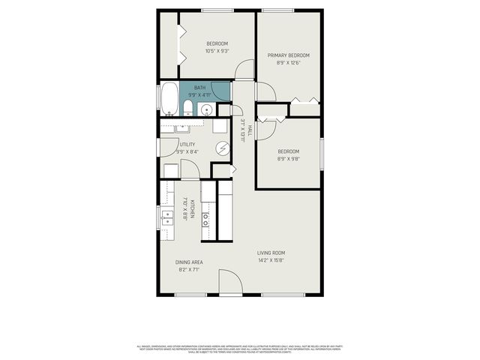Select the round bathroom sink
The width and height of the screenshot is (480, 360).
point(206,110)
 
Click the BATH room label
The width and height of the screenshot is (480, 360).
point(199,88)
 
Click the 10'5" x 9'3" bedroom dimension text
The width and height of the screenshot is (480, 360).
point(217,51)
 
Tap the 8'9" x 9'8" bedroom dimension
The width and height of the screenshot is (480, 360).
point(288,159)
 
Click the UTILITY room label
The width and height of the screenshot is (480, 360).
point(187,144)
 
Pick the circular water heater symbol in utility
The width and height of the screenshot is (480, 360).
point(222,148)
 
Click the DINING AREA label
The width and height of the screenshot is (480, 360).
point(189,262)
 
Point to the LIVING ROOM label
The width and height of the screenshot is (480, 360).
point(271,253)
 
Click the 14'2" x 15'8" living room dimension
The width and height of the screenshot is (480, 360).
point(271,261)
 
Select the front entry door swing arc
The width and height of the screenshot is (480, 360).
point(229,282)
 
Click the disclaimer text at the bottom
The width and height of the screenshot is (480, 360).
point(240,349)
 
